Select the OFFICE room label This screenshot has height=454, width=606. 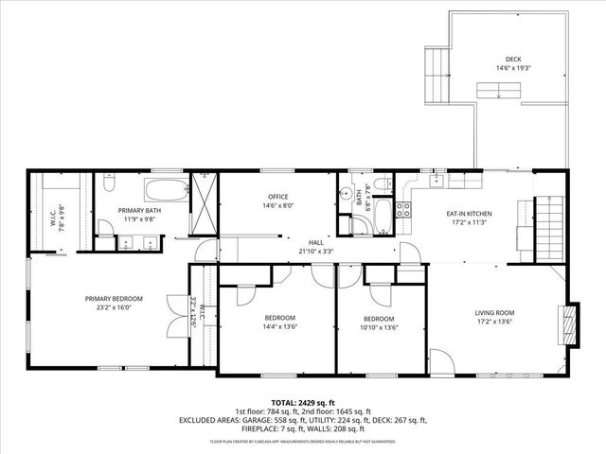pos(277,196)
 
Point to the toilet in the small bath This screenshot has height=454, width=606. pos(379,183)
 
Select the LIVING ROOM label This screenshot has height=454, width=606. pos(493,312)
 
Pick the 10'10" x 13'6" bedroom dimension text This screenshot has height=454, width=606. pos(379,327)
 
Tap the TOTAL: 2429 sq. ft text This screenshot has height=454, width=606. pos(303,402)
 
